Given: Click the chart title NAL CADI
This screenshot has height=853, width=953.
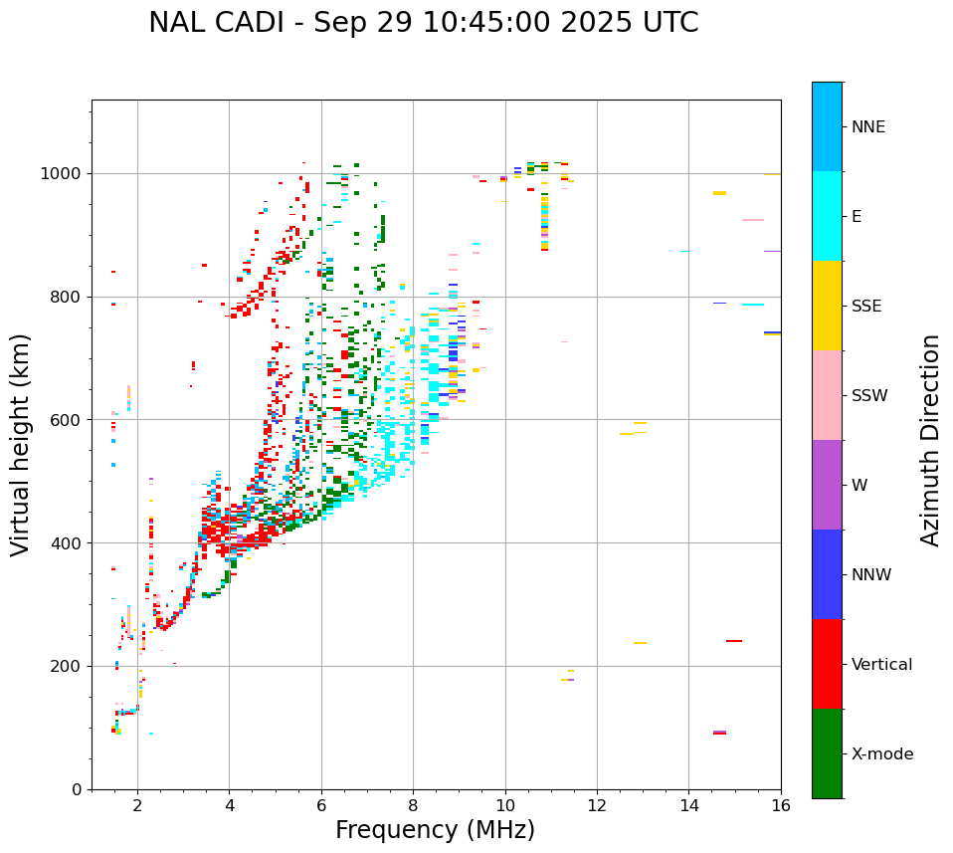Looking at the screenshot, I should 423,23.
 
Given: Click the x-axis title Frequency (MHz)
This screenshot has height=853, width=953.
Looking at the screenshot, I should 435,830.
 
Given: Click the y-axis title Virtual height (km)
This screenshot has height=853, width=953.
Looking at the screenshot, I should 21,444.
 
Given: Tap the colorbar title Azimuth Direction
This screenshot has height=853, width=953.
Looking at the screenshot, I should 930,440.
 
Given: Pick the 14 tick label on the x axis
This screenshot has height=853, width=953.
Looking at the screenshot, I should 688,804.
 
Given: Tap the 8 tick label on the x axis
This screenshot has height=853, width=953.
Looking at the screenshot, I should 413,804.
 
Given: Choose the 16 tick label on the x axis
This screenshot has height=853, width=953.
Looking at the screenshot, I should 781,804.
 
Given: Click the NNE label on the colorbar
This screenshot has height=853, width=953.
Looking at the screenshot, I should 867,127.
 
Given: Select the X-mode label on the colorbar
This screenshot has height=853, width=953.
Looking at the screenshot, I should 882,754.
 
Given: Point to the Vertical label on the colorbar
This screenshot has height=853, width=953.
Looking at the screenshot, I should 881,665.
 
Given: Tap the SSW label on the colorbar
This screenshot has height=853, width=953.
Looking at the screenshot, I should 869,396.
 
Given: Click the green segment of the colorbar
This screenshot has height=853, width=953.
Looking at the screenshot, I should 827,753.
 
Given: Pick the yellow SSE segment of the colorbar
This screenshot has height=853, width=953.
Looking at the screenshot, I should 827,306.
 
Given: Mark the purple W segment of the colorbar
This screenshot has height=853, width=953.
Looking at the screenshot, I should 827,485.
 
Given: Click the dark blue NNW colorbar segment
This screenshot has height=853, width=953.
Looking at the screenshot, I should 827,574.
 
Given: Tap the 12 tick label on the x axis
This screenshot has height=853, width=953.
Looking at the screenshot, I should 597,804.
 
